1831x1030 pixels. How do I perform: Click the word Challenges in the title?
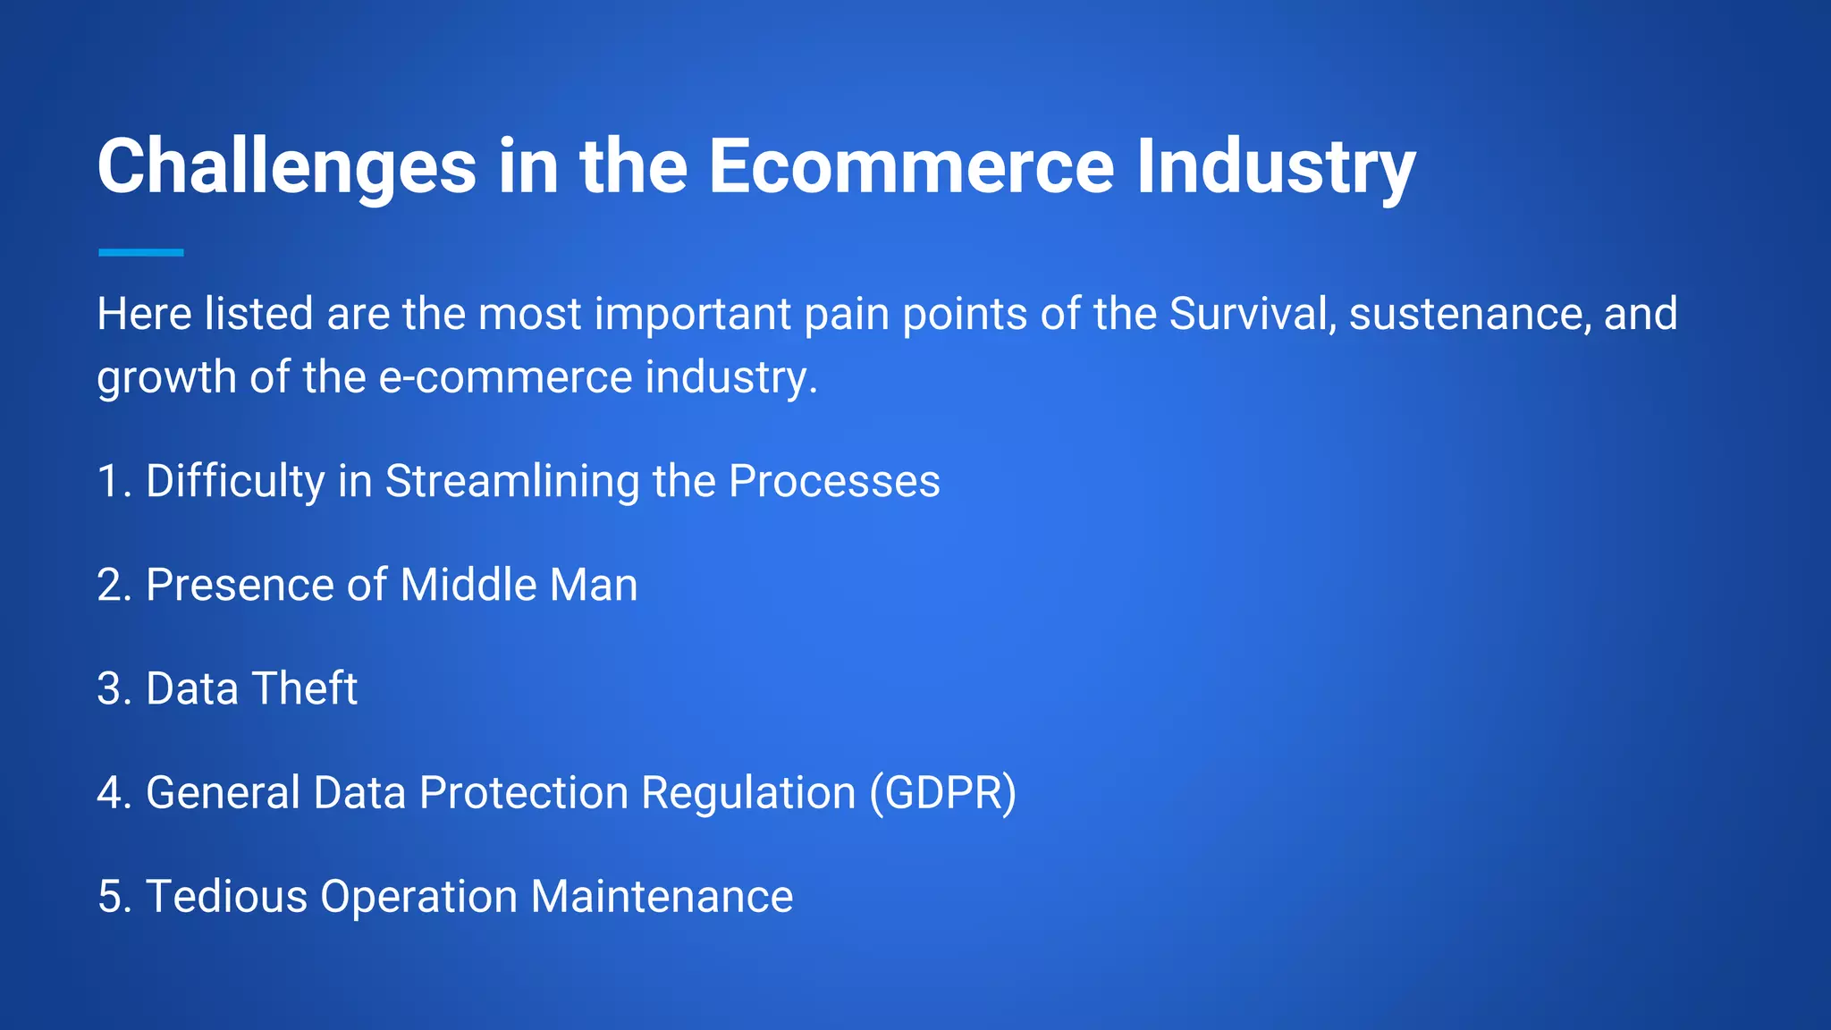point(286,168)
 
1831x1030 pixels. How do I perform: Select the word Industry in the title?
point(1276,168)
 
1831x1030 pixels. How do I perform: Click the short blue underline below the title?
point(140,253)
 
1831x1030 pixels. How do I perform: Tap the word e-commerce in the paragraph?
point(506,377)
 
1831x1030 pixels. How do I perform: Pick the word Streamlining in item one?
point(512,482)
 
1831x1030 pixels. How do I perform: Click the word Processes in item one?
point(833,482)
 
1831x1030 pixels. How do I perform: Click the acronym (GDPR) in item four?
point(943,793)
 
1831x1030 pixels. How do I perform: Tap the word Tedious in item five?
point(226,897)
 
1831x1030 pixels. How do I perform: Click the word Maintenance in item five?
point(662,897)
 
